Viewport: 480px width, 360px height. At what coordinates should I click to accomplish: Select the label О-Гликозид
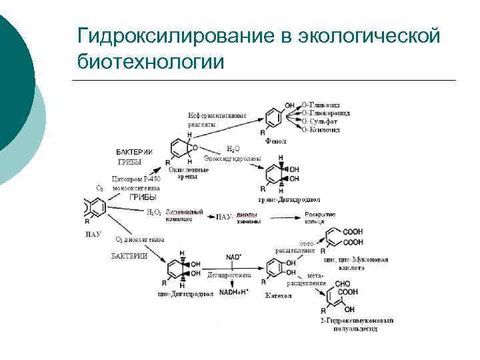pyautogui.click(x=321, y=105)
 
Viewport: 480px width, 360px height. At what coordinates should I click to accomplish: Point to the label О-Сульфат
pyautogui.click(x=319, y=121)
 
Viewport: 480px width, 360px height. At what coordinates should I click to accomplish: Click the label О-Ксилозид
pyautogui.click(x=321, y=130)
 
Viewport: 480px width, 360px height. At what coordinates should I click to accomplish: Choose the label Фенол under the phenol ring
pyautogui.click(x=275, y=141)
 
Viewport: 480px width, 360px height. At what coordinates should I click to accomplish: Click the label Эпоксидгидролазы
pyautogui.click(x=233, y=158)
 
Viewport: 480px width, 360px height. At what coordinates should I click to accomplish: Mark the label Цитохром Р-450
pyautogui.click(x=137, y=179)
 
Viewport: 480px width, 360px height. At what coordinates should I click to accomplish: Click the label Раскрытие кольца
pyautogui.click(x=320, y=218)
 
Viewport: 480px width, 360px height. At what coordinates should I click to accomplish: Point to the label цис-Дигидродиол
pyautogui.click(x=185, y=293)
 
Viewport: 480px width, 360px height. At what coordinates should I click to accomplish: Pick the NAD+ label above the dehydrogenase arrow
pyautogui.click(x=233, y=257)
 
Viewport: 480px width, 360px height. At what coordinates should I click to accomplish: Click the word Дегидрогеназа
pyautogui.click(x=229, y=275)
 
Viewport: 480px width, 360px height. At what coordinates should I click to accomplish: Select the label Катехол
pyautogui.click(x=277, y=294)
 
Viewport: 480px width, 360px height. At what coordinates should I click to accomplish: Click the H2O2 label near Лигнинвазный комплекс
pyautogui.click(x=153, y=212)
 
